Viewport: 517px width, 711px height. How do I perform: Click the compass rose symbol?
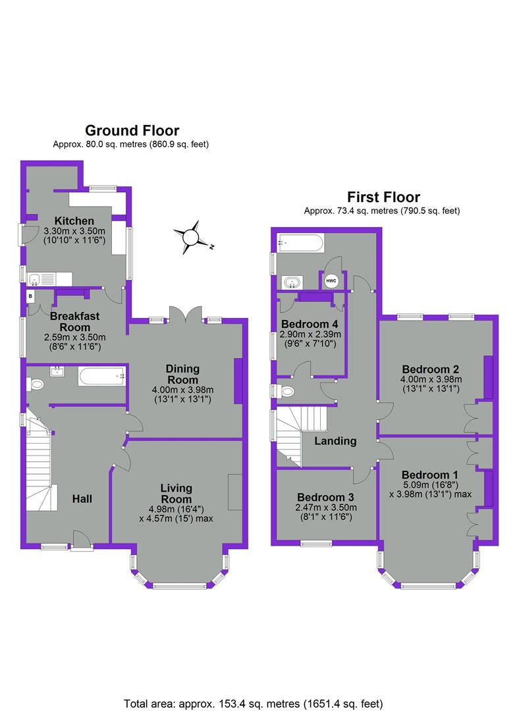[x=191, y=236]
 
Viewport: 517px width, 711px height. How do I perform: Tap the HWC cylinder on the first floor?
[x=331, y=280]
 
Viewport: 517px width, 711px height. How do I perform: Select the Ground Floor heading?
[x=132, y=130]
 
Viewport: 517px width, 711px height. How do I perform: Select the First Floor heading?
[x=383, y=197]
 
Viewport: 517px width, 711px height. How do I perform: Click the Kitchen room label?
[x=74, y=221]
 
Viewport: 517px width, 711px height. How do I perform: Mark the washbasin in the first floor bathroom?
[x=290, y=282]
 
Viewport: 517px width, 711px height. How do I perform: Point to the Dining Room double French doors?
[x=186, y=314]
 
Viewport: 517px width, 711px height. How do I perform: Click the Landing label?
[x=335, y=441]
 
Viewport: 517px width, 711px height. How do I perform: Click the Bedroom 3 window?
[x=315, y=543]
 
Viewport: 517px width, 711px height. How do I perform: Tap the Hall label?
[x=82, y=498]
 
